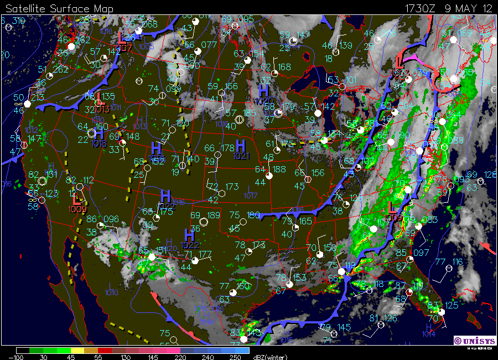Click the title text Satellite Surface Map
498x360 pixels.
coord(59,8)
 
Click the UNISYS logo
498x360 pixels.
coord(474,340)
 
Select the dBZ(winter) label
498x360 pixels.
coord(272,357)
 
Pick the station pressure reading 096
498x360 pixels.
coord(111,219)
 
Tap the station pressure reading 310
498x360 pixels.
coord(19,21)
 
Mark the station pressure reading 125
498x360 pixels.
coord(451,305)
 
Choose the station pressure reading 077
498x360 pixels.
coord(209,45)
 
